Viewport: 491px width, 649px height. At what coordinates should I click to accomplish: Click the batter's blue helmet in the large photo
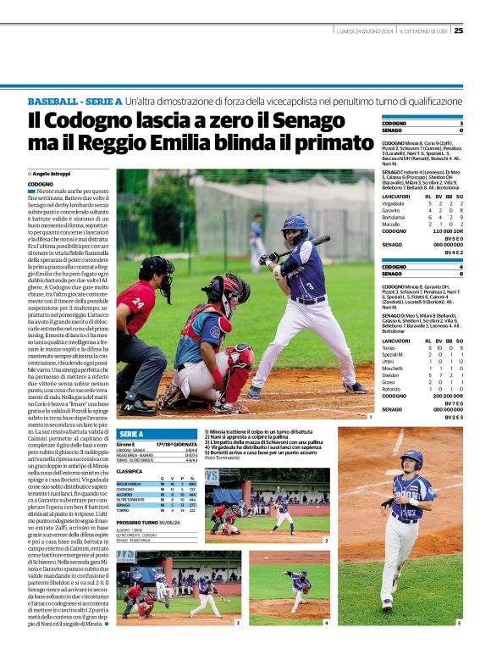[295, 225]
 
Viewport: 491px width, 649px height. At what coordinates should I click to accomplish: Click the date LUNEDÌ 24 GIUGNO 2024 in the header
[365, 31]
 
